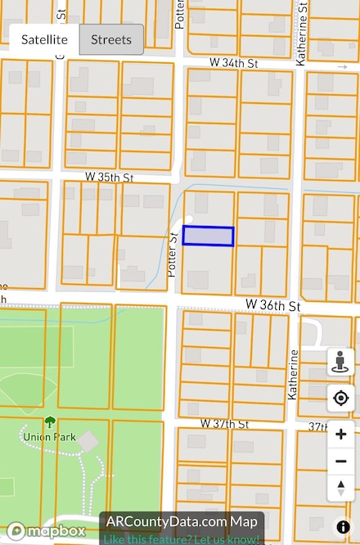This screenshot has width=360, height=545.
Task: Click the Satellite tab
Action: click(x=44, y=39)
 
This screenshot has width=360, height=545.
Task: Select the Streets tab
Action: click(x=111, y=39)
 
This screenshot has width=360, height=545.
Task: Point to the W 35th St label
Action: click(x=109, y=177)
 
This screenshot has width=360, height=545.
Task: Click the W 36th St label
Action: click(x=273, y=305)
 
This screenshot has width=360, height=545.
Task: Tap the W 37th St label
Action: click(x=224, y=424)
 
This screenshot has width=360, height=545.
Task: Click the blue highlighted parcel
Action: click(x=208, y=236)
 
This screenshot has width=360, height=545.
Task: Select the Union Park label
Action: click(x=49, y=437)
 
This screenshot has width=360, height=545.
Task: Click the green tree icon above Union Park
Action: click(x=50, y=422)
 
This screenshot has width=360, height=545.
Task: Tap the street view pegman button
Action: click(x=341, y=362)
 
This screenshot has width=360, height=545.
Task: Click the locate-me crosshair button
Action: click(x=341, y=399)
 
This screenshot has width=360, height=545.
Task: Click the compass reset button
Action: click(x=341, y=489)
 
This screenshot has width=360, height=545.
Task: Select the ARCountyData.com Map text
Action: click(x=182, y=521)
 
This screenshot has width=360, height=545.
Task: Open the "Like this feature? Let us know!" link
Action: click(x=182, y=538)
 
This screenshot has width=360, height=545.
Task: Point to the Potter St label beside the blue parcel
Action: click(x=173, y=253)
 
